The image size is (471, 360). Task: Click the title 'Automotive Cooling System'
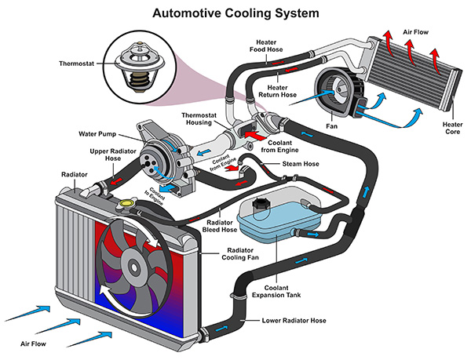coord(235,13)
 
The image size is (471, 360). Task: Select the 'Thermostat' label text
coord(80,64)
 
